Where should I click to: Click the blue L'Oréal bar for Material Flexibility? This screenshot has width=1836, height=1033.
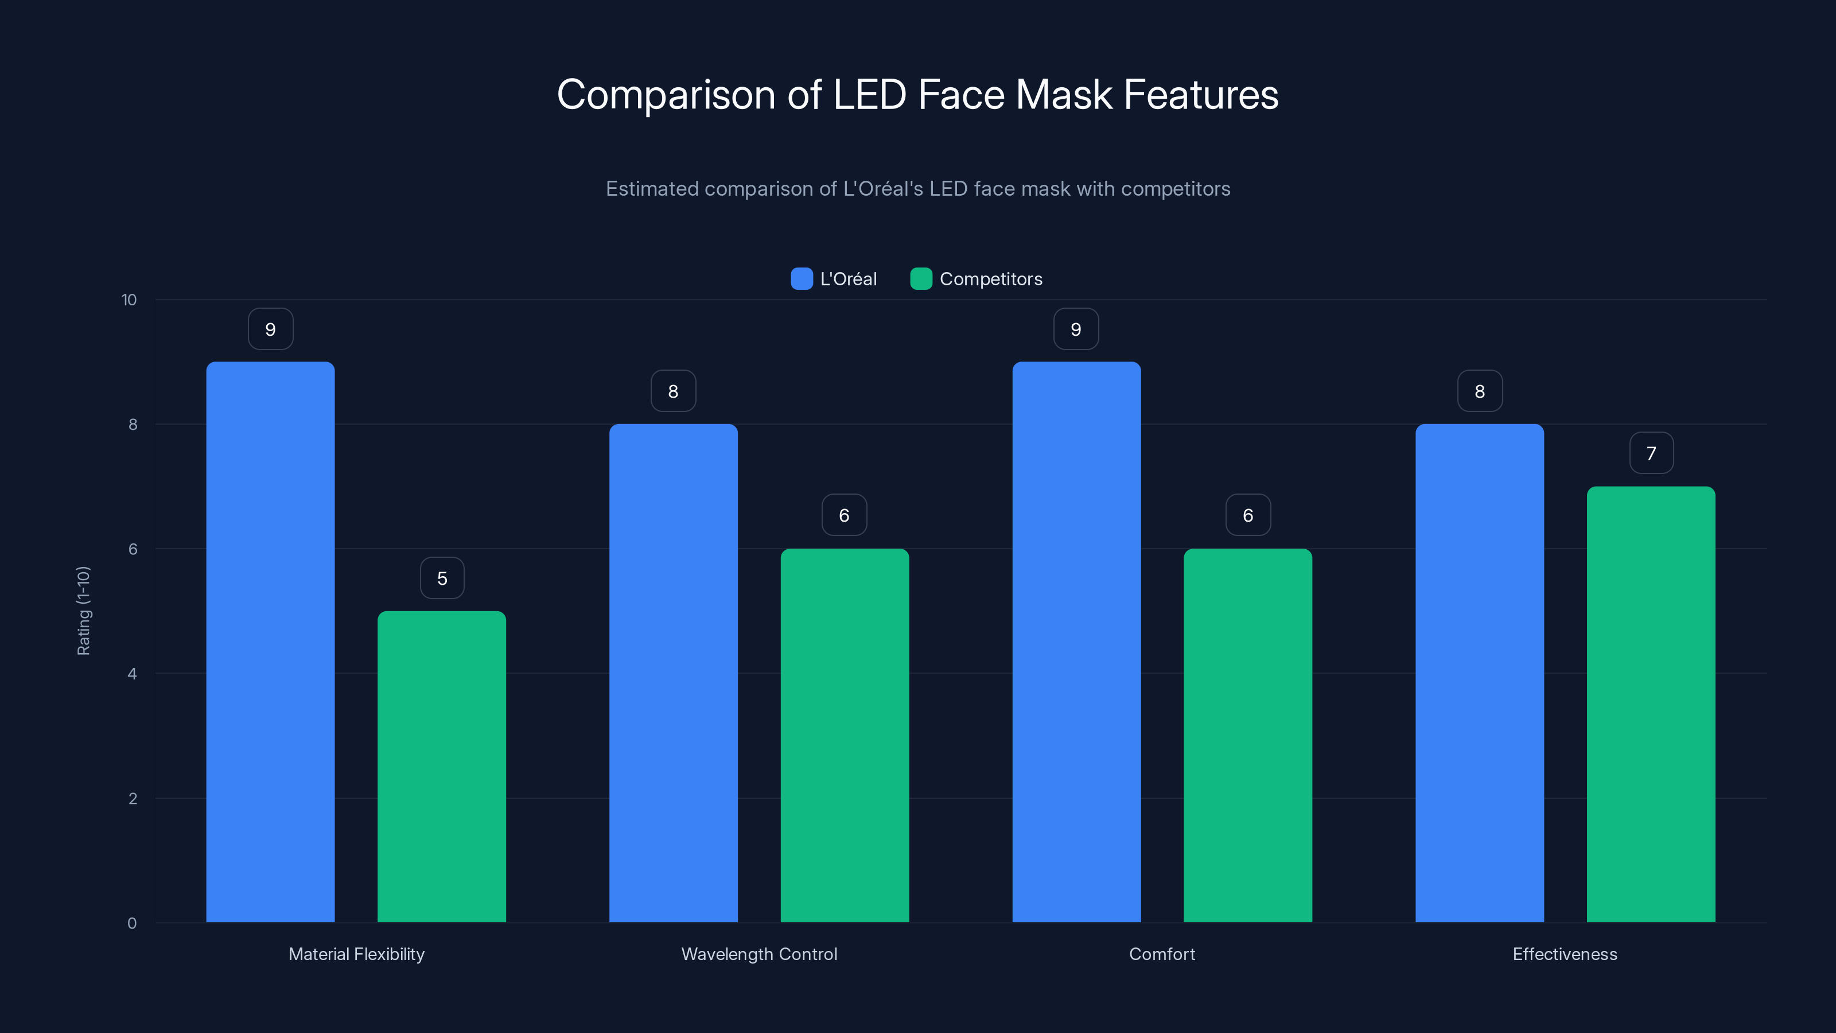pos(270,642)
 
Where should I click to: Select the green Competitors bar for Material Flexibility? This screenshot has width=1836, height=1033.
pos(441,766)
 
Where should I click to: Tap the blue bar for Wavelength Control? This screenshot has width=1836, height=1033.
pos(673,673)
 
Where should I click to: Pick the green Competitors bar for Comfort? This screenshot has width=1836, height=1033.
pos(1247,735)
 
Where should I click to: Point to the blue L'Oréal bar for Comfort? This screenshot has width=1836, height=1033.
pos(1076,642)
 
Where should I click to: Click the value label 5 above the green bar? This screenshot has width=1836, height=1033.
pos(442,578)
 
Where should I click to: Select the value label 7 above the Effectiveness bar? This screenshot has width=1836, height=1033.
pos(1651,453)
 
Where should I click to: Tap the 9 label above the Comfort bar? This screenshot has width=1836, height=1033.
pos(1076,329)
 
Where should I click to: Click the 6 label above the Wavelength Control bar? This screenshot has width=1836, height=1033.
pos(844,515)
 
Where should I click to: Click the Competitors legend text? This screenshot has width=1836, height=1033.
pos(991,279)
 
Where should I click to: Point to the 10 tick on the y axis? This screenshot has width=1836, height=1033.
pos(129,300)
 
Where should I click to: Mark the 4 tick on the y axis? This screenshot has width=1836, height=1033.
pos(132,674)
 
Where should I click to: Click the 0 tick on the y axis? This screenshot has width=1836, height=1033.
pos(132,923)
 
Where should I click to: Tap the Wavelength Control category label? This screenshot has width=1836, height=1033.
pos(759,954)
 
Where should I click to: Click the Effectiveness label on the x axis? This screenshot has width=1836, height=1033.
pos(1565,954)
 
